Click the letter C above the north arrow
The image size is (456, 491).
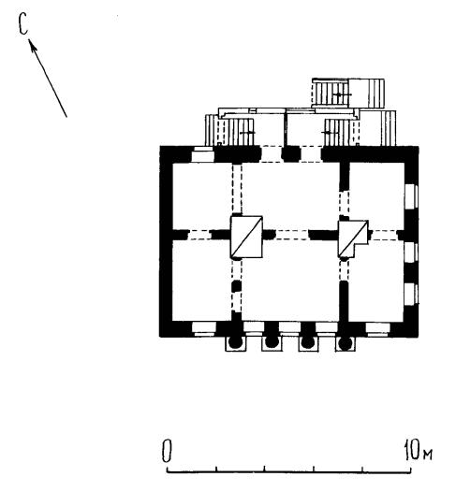pyautogui.click(x=22, y=23)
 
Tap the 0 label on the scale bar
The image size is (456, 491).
pyautogui.click(x=167, y=452)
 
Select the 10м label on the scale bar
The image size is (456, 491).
pyautogui.click(x=419, y=450)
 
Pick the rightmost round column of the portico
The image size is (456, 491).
pyautogui.click(x=345, y=343)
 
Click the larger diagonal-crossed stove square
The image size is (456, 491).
pyautogui.click(x=246, y=237)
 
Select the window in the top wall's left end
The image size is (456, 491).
pyautogui.click(x=203, y=154)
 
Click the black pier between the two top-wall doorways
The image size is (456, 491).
pyautogui.click(x=291, y=154)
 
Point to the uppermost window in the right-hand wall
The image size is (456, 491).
pyautogui.click(x=411, y=197)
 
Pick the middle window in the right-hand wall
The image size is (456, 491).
pyautogui.click(x=411, y=253)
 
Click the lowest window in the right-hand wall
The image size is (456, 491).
pyautogui.click(x=411, y=295)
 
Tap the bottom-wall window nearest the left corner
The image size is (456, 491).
pyautogui.click(x=204, y=329)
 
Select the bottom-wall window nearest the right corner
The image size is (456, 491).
pyautogui.click(x=377, y=329)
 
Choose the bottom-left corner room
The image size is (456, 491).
pyautogui.click(x=202, y=281)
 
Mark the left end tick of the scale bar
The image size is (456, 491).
pyautogui.click(x=167, y=469)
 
